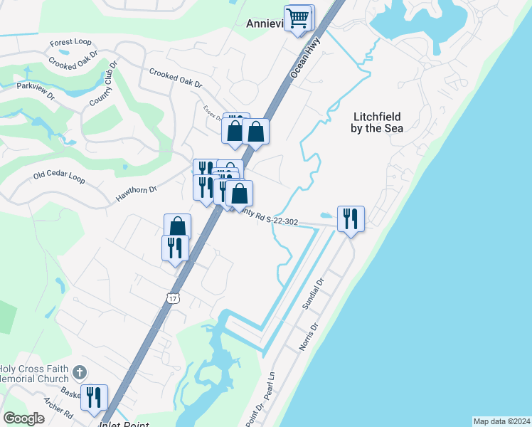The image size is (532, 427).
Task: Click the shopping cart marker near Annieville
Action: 299,18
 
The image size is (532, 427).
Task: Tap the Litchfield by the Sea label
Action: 377,122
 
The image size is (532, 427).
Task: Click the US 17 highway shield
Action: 173,298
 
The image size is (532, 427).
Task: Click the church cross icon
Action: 80,371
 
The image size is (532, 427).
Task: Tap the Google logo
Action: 23,418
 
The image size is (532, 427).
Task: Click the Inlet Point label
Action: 124,424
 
